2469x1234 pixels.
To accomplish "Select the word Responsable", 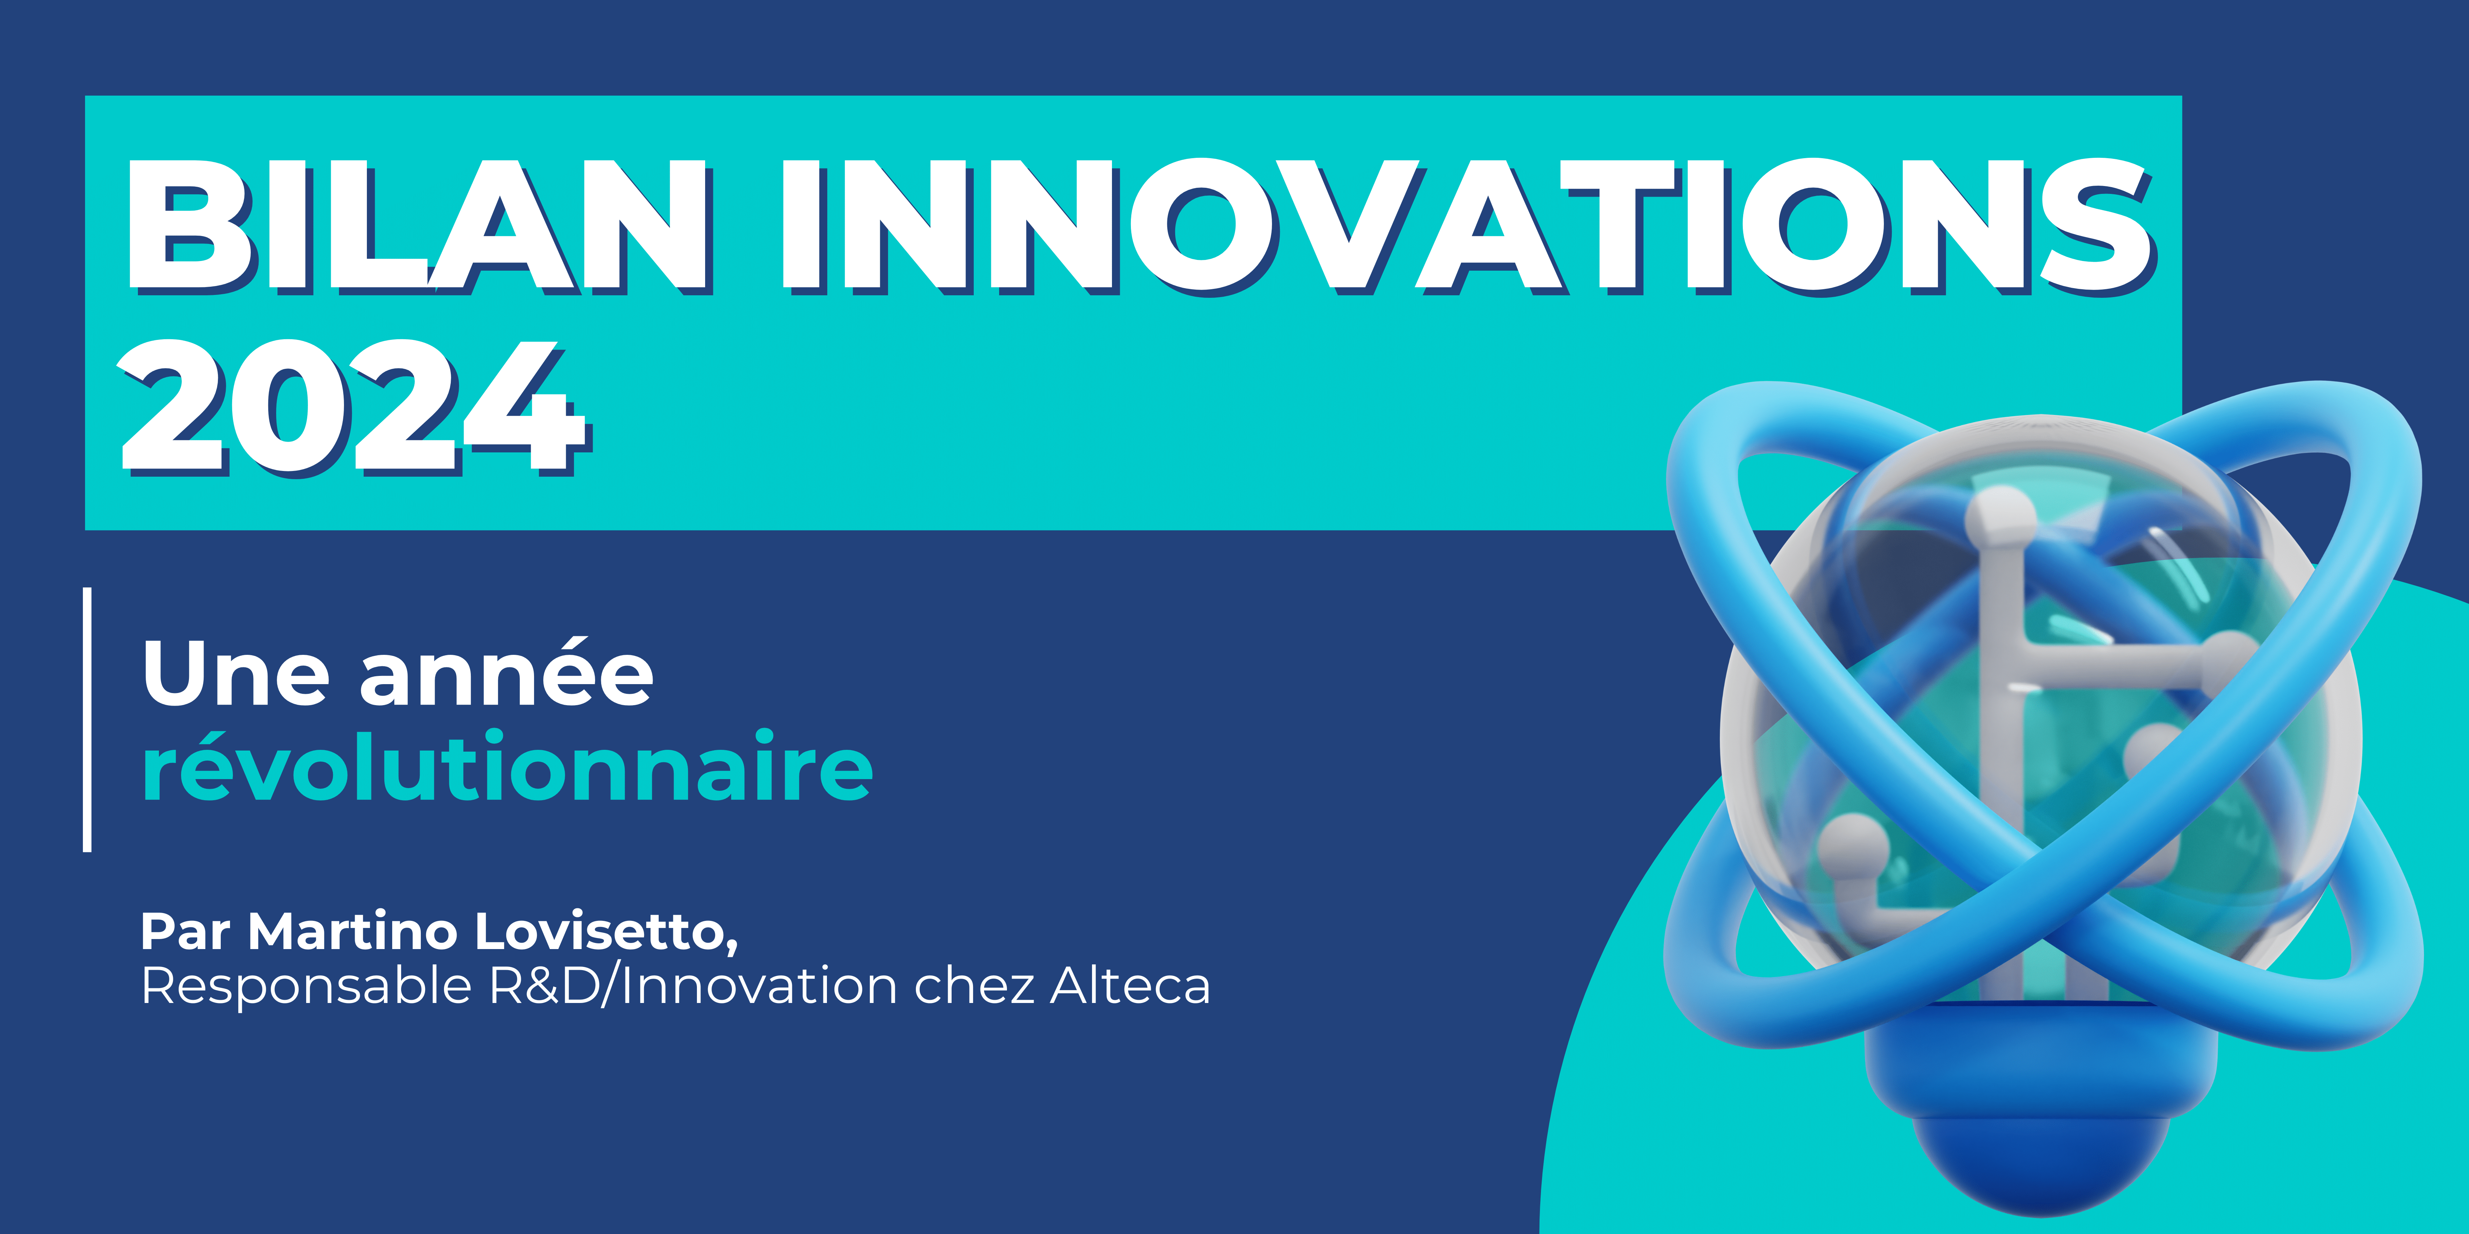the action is pos(307,986).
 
